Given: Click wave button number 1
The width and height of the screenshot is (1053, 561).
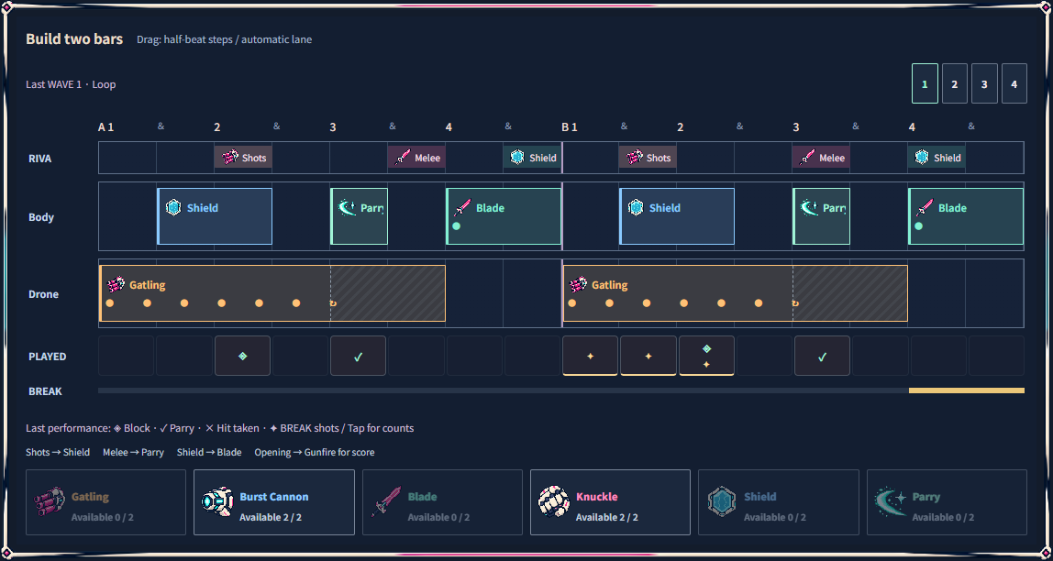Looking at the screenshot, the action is (x=925, y=84).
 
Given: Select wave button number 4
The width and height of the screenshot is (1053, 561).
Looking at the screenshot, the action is (x=1014, y=84).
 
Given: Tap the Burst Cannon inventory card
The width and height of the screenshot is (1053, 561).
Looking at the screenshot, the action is (x=274, y=502).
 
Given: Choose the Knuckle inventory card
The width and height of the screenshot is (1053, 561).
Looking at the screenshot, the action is (x=611, y=502).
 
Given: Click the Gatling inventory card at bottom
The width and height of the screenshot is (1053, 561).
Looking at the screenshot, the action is (x=105, y=502).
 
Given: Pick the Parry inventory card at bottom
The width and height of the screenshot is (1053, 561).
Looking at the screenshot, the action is (x=947, y=502).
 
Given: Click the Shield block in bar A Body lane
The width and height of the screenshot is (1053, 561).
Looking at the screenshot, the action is (x=215, y=216).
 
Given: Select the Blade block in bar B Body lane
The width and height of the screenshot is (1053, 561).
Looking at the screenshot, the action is (x=966, y=216).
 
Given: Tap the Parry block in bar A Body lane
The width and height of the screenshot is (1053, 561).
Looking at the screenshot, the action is (x=359, y=216).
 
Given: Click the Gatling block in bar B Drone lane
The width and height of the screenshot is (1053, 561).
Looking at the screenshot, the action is (x=735, y=293).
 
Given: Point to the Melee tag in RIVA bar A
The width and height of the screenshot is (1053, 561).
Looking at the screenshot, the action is (x=416, y=158).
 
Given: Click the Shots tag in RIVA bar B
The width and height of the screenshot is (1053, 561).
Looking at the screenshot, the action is (x=648, y=158).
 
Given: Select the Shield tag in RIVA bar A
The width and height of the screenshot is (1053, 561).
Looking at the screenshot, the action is (x=532, y=158).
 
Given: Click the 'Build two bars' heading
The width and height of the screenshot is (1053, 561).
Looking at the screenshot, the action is (x=74, y=38).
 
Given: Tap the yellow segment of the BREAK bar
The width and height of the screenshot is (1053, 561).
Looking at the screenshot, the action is (x=967, y=390).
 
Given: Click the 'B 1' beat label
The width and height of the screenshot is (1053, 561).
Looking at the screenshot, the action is (x=570, y=126).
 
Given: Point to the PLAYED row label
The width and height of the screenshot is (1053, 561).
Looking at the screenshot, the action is (x=47, y=357).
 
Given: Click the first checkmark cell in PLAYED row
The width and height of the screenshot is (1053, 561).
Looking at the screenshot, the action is (x=358, y=356).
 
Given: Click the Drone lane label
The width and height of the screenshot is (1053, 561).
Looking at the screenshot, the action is (x=44, y=294).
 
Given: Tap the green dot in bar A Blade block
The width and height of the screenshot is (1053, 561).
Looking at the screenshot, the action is (x=457, y=226).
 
